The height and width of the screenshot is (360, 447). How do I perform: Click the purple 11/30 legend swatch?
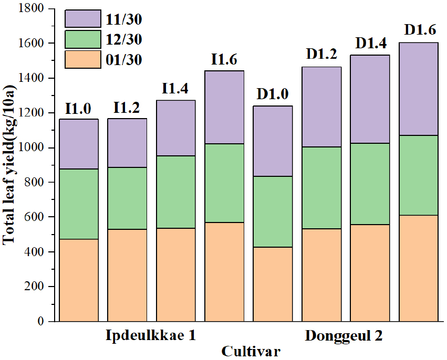coord(83,18)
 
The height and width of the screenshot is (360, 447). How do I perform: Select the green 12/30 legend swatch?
coord(83,39)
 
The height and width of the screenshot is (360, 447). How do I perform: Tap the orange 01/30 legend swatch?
coord(83,59)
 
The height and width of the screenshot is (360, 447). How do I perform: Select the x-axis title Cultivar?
coord(251,351)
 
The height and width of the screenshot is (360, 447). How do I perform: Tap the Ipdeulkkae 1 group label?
coord(151,335)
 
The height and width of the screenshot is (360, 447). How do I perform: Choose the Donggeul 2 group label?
coord(344,335)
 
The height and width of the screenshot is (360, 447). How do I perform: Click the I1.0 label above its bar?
coord(78,109)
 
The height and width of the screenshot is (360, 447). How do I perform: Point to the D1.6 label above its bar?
coord(419,30)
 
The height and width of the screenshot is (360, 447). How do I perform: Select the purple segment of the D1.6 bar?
coord(419,89)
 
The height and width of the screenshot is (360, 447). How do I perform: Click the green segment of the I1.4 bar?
coord(176,192)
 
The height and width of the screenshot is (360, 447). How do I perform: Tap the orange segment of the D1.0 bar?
coord(273,284)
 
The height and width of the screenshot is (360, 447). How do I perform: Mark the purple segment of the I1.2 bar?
coord(127,143)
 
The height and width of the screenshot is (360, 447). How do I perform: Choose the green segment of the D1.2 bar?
coord(321,188)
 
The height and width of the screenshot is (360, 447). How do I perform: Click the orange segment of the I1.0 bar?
coord(78,280)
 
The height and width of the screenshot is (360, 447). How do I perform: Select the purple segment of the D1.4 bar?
coord(370,99)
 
